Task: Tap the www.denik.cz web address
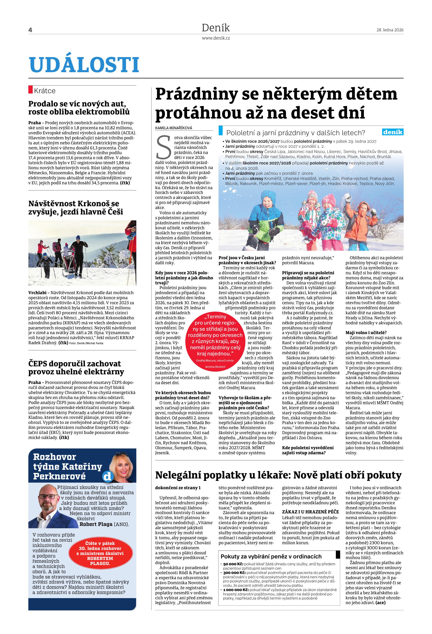[216, 38]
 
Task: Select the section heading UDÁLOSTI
[84, 65]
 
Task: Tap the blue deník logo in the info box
[393, 132]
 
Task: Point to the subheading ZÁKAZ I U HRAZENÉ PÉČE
[310, 512]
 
